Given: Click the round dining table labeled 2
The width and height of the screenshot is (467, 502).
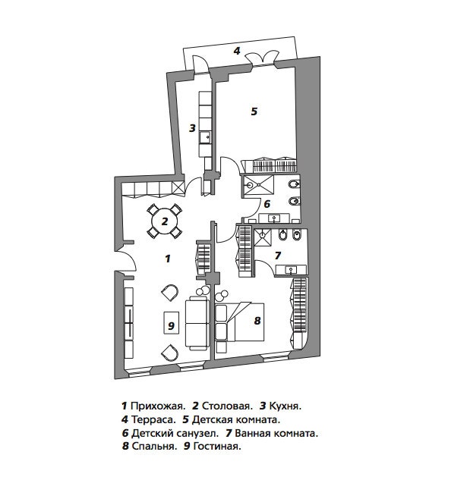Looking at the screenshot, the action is click(x=165, y=221).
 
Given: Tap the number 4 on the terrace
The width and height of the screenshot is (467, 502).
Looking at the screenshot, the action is click(x=237, y=51).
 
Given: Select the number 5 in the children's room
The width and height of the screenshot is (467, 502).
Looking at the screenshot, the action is click(x=254, y=111).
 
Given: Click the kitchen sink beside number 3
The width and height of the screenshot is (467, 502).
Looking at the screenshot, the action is click(x=205, y=138).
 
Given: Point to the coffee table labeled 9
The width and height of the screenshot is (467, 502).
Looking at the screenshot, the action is click(x=171, y=323).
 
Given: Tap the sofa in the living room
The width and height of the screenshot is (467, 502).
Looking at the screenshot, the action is click(x=197, y=323).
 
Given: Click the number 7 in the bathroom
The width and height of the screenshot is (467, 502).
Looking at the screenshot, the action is click(x=278, y=255).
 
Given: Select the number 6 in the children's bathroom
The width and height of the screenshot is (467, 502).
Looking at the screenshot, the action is click(x=267, y=204).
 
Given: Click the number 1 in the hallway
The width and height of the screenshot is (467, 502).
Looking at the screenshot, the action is click(x=168, y=259).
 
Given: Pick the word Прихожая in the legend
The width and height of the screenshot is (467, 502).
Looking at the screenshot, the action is click(x=158, y=406).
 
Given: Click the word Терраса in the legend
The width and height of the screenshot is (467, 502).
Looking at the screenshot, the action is click(x=153, y=419).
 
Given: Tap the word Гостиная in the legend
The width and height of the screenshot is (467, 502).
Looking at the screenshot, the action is click(x=217, y=446).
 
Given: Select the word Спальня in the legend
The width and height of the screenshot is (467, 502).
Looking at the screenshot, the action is click(x=154, y=446).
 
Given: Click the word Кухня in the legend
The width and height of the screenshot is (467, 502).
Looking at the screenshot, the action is click(x=286, y=406).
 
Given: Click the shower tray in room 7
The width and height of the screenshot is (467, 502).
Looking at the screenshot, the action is click(x=263, y=237).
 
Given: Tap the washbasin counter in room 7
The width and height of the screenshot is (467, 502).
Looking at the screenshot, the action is click(x=291, y=269).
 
